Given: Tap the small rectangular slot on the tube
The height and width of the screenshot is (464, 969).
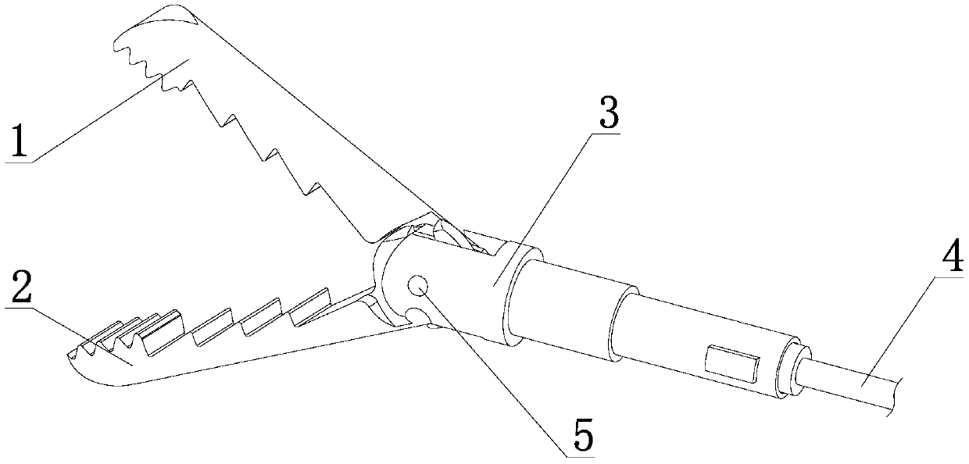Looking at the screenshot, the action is pyautogui.click(x=731, y=364).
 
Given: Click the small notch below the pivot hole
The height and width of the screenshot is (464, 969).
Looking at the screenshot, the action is pyautogui.click(x=416, y=316).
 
